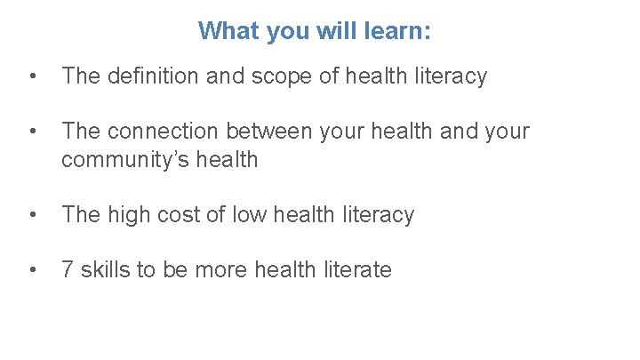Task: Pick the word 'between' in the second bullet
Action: tap(266, 132)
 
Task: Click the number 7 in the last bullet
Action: tap(68, 270)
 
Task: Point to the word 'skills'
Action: tap(105, 270)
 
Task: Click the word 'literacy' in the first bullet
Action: tap(452, 76)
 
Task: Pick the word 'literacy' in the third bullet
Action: tap(380, 215)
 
